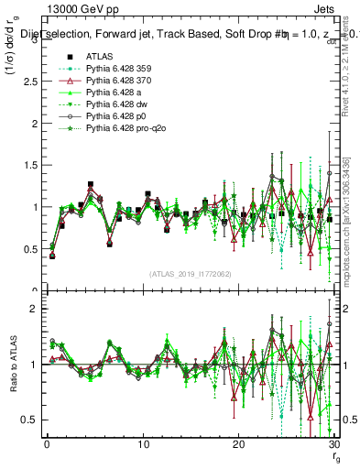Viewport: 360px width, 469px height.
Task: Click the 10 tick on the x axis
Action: tap(142, 445)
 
